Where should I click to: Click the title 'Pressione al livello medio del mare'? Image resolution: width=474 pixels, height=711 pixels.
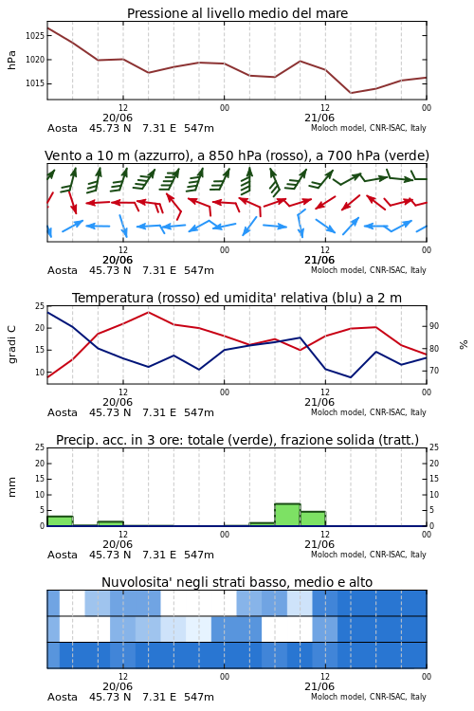click(237, 13)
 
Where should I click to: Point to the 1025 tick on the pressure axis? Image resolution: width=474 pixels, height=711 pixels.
click(35, 35)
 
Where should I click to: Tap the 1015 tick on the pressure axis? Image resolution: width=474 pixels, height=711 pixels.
click(35, 83)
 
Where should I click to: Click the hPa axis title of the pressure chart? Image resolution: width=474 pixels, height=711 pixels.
click(11, 60)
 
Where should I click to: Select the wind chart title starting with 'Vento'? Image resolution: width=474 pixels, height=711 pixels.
click(237, 155)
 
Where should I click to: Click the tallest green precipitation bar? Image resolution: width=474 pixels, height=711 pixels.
click(287, 515)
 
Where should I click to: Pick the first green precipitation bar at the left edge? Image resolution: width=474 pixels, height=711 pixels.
click(60, 521)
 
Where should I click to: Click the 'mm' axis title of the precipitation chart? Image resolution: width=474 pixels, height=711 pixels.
click(11, 487)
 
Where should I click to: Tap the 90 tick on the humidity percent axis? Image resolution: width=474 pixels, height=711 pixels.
click(434, 326)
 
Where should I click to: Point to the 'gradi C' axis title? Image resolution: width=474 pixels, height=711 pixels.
click(11, 344)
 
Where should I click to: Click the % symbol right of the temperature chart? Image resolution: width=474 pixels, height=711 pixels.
click(464, 345)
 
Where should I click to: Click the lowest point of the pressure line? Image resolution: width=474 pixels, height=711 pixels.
click(351, 93)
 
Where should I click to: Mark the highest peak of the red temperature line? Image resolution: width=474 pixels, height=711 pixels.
click(148, 312)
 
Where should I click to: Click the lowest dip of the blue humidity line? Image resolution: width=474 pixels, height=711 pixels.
click(351, 377)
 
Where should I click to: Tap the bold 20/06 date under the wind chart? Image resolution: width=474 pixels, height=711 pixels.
click(118, 261)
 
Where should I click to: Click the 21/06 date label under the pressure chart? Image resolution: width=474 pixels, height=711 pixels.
click(319, 118)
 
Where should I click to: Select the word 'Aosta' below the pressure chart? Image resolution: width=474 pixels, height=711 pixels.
click(63, 128)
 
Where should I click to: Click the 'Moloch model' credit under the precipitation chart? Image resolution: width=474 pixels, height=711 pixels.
click(338, 555)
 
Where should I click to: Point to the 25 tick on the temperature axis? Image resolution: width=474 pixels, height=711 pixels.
click(40, 306)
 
